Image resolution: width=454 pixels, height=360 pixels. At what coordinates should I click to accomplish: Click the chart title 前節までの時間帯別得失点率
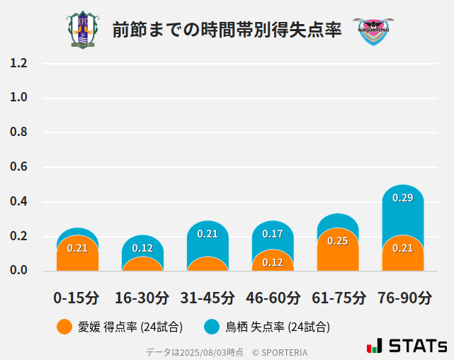pyautogui.click(x=227, y=30)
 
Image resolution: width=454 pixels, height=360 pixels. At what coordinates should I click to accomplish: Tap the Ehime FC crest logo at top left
pyautogui.click(x=84, y=30)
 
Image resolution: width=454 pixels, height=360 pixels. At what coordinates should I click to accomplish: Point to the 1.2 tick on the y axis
pyautogui.click(x=18, y=64)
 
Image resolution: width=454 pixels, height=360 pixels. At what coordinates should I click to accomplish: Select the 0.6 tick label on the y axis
pyautogui.click(x=18, y=167)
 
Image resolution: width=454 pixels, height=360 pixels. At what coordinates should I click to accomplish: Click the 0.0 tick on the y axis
pyautogui.click(x=18, y=271)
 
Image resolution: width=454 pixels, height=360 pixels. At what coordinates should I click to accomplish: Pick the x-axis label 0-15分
pyautogui.click(x=76, y=298)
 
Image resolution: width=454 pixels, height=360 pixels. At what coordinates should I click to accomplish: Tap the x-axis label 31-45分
pyautogui.click(x=208, y=298)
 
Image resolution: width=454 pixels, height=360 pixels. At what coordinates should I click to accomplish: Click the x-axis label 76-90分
pyautogui.click(x=403, y=298)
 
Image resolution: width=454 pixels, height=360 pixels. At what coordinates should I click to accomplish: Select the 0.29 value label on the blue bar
pyautogui.click(x=403, y=198)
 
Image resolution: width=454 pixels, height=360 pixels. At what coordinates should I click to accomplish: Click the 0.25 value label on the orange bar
pyautogui.click(x=338, y=241)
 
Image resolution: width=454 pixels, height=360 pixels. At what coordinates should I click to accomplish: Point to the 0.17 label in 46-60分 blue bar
pyautogui.click(x=273, y=233)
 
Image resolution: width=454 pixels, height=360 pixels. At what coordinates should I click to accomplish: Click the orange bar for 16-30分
pyautogui.click(x=142, y=264)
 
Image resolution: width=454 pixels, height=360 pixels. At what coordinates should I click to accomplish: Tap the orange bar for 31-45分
pyautogui.click(x=208, y=264)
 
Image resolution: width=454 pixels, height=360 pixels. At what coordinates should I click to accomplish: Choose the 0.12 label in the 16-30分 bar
pyautogui.click(x=142, y=248)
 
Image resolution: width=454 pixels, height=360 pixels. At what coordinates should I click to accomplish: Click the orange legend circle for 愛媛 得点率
pyautogui.click(x=64, y=327)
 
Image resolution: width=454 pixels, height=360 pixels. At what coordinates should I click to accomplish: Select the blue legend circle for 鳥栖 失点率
pyautogui.click(x=212, y=327)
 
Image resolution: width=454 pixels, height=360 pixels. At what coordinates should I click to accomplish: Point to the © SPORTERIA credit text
pyautogui.click(x=280, y=352)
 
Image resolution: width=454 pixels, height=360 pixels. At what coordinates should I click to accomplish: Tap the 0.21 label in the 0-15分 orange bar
pyautogui.click(x=77, y=248)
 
